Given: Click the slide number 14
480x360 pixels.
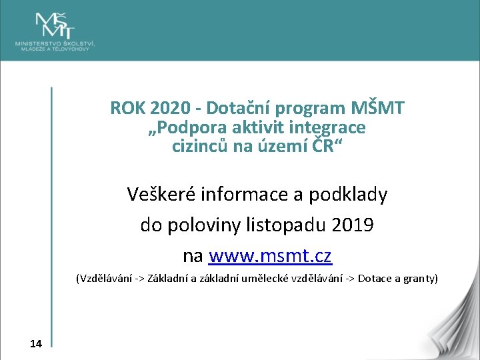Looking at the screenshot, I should pos(36,343).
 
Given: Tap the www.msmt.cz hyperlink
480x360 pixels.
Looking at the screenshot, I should pos(270,256).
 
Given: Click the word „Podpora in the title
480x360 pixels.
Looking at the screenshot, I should pos(181,127).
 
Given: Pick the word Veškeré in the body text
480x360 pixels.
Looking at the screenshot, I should pos(161,195).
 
